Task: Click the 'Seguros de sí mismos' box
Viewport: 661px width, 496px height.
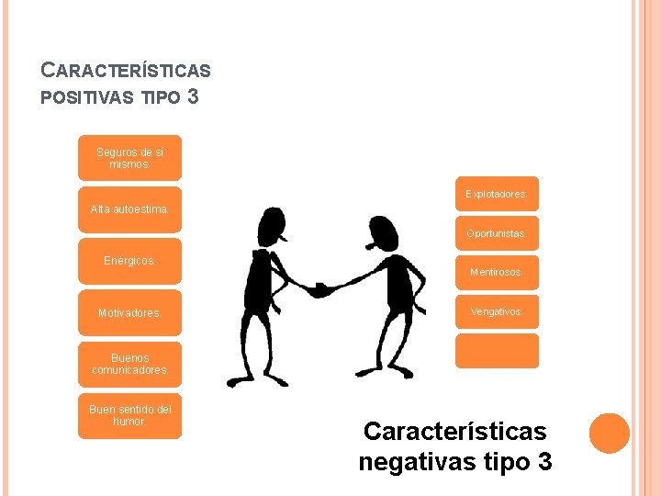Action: [x=129, y=157]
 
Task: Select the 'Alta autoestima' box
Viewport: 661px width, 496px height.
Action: [x=129, y=209]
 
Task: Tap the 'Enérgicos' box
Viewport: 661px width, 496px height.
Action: [x=129, y=261]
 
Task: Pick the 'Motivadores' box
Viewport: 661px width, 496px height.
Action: [x=129, y=313]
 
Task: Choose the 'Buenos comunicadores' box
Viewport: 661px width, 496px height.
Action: [x=129, y=365]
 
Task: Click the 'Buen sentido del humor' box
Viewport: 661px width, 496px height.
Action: [x=129, y=416]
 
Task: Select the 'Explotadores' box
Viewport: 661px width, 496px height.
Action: [x=497, y=194]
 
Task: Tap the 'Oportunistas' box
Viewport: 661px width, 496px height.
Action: [x=497, y=233]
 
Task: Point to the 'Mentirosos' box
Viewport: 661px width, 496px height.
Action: [x=497, y=273]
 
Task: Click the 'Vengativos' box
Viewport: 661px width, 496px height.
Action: [x=497, y=311]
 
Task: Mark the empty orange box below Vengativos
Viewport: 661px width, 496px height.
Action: [x=497, y=351]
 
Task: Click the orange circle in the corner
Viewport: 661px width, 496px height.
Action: [x=609, y=433]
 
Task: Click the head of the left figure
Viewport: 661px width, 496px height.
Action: [x=273, y=224]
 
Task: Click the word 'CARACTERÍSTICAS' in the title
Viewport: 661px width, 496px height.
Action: [x=127, y=70]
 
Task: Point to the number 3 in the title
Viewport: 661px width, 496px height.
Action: [x=192, y=96]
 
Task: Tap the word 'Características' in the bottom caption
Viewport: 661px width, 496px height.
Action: [x=454, y=431]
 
